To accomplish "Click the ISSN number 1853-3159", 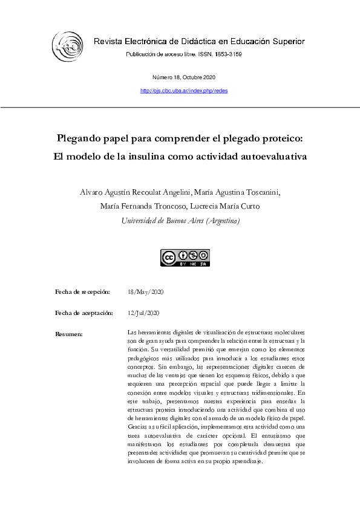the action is [229, 54].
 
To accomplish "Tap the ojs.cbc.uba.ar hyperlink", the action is [183, 91].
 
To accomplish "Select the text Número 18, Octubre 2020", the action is [183, 77].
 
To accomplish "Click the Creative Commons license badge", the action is [184, 258].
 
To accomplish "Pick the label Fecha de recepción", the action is [82, 292].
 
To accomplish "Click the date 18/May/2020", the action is [146, 292].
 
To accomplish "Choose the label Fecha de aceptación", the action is [84, 313].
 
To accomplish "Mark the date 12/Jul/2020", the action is [144, 313].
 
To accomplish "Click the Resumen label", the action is [68, 334].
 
